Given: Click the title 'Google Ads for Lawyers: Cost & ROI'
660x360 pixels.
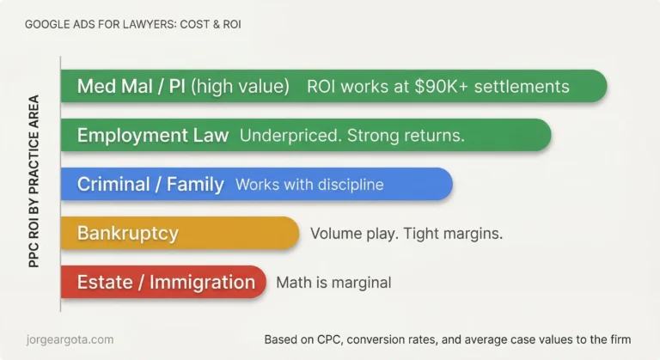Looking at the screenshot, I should (x=132, y=24).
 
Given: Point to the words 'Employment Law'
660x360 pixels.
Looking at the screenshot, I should (x=153, y=136).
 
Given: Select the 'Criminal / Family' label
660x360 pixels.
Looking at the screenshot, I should (x=150, y=185).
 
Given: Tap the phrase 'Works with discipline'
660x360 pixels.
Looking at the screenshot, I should (x=309, y=185).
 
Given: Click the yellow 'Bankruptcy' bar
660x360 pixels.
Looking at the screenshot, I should (x=180, y=233).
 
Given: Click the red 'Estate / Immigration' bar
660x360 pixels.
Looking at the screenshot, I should (x=163, y=282).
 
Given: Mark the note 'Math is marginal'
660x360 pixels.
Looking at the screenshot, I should (x=333, y=282).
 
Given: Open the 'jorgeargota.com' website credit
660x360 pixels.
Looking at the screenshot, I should (x=70, y=339).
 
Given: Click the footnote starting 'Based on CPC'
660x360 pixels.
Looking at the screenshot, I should (x=448, y=339).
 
